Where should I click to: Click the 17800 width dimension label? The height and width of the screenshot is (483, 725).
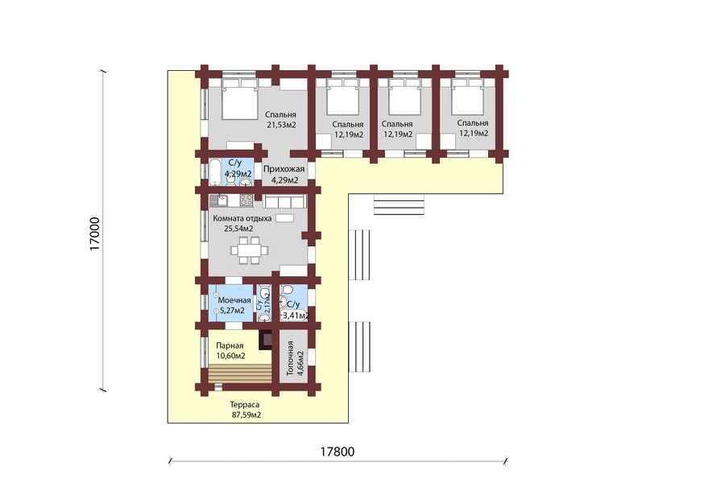[338, 451]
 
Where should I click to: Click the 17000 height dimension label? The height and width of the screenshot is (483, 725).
[94, 234]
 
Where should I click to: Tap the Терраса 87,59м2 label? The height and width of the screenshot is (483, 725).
[246, 410]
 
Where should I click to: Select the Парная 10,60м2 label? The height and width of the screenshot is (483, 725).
[230, 351]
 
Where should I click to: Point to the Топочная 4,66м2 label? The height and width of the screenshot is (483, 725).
[295, 358]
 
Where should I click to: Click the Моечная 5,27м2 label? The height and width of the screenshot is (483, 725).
[234, 306]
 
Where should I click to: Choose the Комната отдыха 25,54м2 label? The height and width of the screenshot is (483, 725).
[242, 223]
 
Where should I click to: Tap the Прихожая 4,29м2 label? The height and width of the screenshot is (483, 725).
[284, 175]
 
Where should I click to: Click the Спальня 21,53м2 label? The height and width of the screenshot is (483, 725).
[280, 120]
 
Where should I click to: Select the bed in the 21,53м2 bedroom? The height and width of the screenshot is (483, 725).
[239, 98]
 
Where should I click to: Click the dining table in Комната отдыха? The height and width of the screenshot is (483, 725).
[249, 250]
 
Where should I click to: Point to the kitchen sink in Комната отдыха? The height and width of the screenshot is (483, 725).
[217, 200]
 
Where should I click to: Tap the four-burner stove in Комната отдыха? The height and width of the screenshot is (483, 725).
[246, 200]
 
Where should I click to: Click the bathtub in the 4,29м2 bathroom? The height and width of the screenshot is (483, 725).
[215, 172]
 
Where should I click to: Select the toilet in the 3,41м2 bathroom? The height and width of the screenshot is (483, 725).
[287, 291]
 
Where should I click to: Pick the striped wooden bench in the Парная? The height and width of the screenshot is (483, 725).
[239, 374]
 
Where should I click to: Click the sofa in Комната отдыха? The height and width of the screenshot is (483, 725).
[285, 201]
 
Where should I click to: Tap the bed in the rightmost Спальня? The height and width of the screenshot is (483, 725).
[467, 97]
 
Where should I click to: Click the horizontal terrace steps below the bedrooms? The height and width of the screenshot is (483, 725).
[399, 204]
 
